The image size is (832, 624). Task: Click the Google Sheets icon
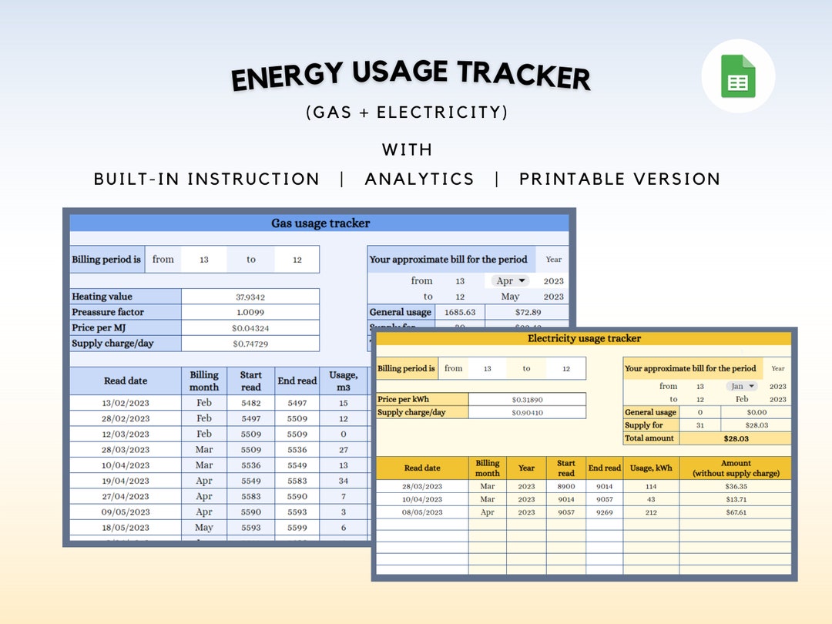[x=738, y=76]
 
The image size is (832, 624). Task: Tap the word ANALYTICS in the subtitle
[x=419, y=179]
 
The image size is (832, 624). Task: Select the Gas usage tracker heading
[x=320, y=223]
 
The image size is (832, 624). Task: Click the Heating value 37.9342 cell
[x=250, y=297]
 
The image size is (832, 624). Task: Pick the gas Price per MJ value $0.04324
[x=250, y=328]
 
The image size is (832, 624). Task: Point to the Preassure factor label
[x=108, y=312]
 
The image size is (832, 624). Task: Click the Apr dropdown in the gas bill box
[x=510, y=281]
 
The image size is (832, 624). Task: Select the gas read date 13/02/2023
[x=126, y=403]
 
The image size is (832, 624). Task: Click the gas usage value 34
[x=343, y=481]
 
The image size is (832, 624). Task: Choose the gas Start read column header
[x=250, y=381]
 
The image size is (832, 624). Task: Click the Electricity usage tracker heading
[x=584, y=338]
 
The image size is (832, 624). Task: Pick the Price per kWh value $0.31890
[x=527, y=400]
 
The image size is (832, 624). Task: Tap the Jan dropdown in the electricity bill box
[x=742, y=386]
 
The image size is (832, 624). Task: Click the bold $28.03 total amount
[x=735, y=438]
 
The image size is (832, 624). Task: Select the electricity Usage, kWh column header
[x=651, y=468]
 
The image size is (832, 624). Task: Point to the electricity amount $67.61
[x=735, y=512]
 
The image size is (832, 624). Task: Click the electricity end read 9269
[x=604, y=512]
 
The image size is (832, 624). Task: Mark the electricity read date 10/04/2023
[x=422, y=499]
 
